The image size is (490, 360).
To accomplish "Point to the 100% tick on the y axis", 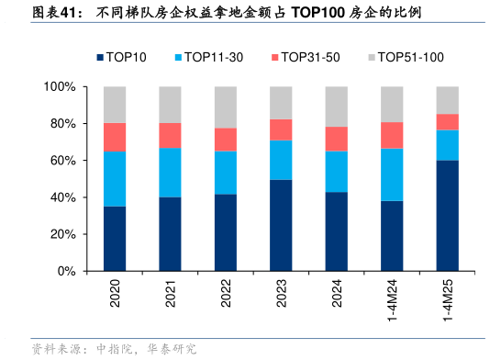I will [60, 87].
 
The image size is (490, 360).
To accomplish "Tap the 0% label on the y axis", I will [67, 272].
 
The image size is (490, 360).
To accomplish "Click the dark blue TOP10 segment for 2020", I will [115, 239].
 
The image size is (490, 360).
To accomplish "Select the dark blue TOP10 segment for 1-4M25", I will [448, 216].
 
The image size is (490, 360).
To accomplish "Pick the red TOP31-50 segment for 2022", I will [226, 140].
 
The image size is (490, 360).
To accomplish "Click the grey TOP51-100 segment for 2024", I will [337, 107].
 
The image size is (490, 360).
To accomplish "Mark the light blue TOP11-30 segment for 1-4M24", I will [393, 174].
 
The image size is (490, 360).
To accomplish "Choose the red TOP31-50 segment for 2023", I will [282, 129].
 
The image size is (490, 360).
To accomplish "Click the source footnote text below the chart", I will [114, 349].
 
